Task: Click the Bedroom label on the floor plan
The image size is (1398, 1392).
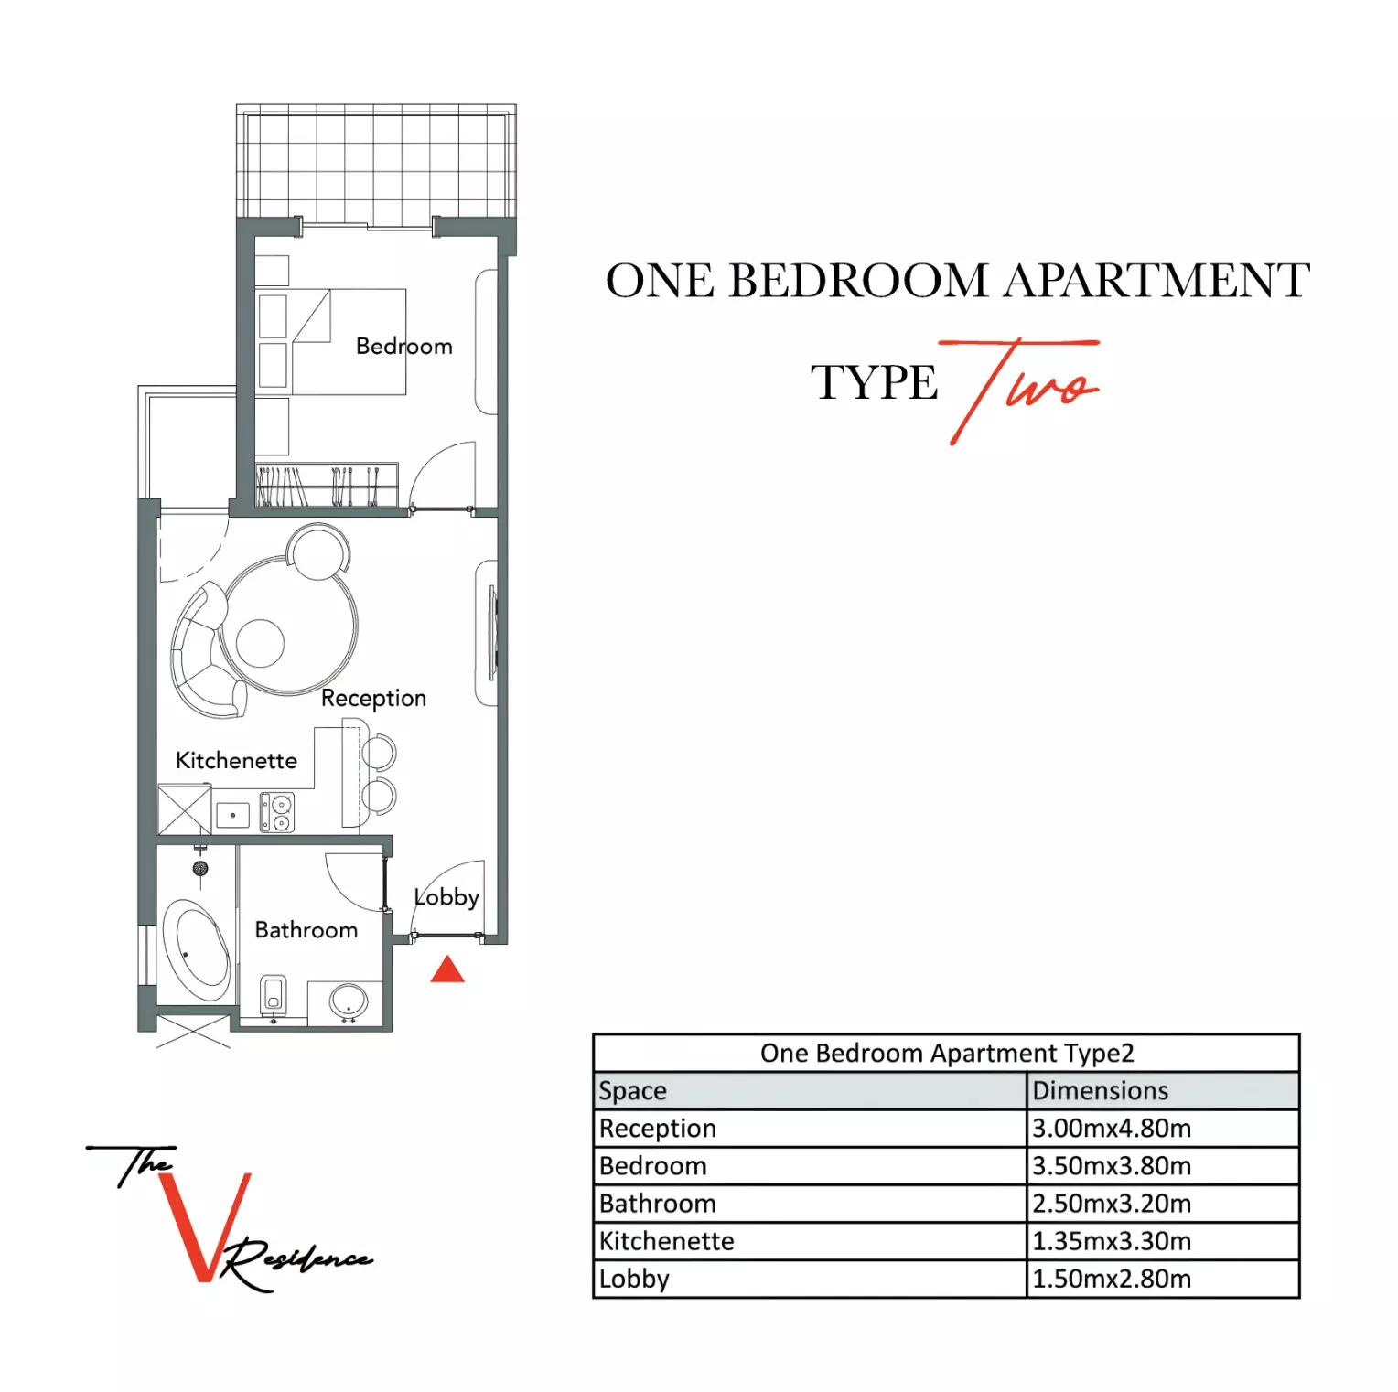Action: (x=403, y=347)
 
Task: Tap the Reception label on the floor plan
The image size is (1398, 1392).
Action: (x=373, y=698)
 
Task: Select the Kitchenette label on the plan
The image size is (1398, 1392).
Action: (x=236, y=761)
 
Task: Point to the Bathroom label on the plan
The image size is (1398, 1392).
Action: (x=306, y=930)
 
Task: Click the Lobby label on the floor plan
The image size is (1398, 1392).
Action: (x=446, y=897)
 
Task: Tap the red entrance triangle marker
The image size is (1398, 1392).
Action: (x=447, y=970)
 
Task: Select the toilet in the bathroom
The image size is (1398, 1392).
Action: (x=274, y=995)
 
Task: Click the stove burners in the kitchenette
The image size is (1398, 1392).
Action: (x=277, y=813)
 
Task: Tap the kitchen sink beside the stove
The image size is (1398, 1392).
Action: (x=232, y=814)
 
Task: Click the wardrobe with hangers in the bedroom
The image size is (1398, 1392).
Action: (x=326, y=485)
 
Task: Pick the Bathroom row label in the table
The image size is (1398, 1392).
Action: (x=658, y=1204)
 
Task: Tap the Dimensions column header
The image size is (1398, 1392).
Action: (x=1101, y=1091)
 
